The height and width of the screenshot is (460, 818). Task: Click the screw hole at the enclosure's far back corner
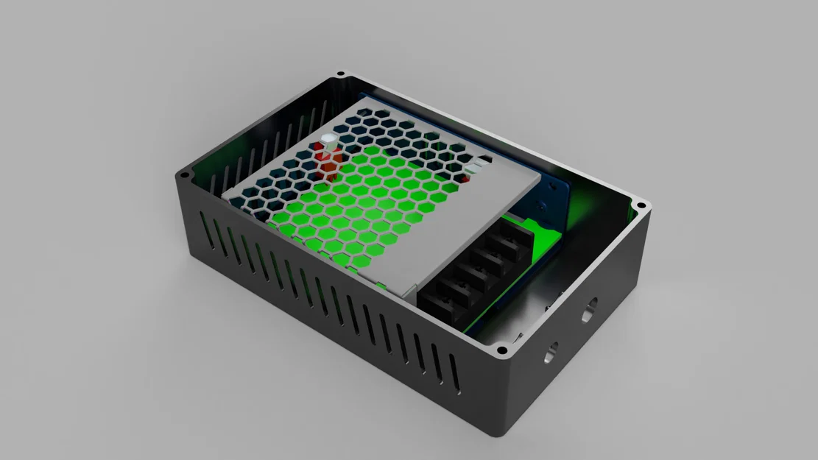tap(339, 75)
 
